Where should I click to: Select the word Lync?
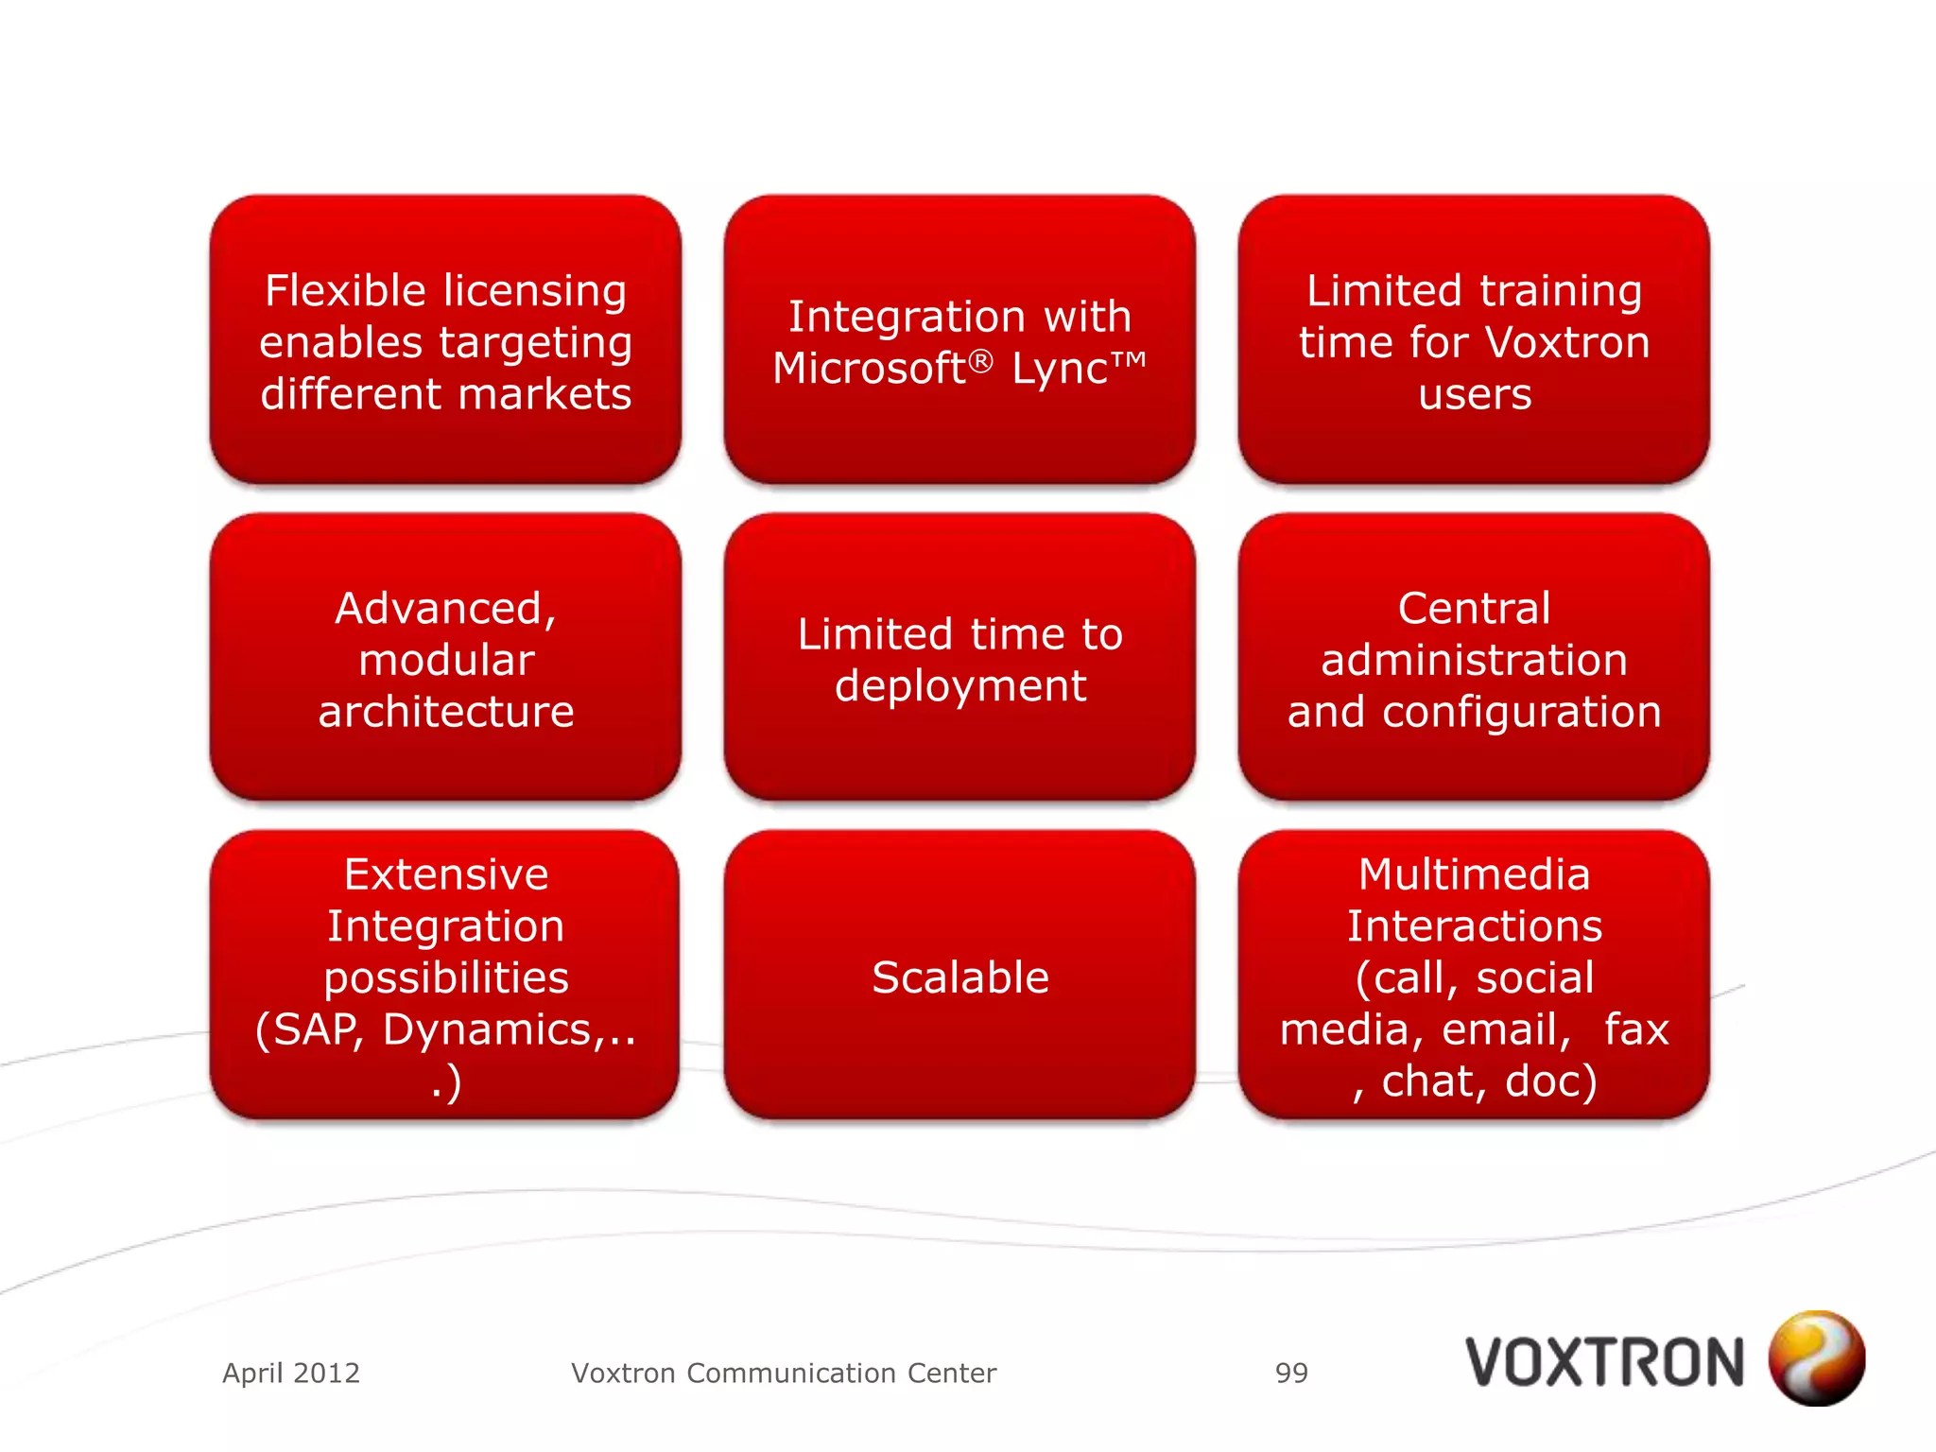click(x=1059, y=370)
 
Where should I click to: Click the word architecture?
click(x=445, y=712)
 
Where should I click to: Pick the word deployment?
click(x=959, y=686)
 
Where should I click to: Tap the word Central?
click(x=1474, y=609)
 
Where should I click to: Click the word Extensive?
click(x=445, y=874)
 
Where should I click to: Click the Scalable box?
click(x=959, y=977)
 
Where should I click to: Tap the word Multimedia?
click(x=1474, y=874)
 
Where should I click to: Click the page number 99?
click(x=1291, y=1373)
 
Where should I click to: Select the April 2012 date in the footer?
click(x=291, y=1373)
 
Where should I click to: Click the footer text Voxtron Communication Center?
click(x=784, y=1373)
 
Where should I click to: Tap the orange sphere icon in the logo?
click(x=1816, y=1358)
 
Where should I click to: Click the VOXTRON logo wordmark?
click(x=1604, y=1363)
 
